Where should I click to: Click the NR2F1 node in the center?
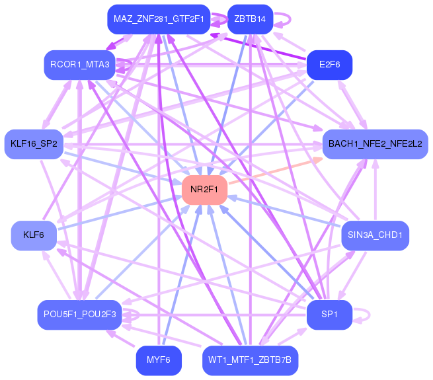point(205,190)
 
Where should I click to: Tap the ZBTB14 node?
point(249,19)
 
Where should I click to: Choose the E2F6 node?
point(329,65)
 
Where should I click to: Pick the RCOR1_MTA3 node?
point(80,65)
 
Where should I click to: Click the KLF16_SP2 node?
point(34,144)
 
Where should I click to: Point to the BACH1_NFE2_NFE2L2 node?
point(375,144)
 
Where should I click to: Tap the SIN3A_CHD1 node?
point(375,235)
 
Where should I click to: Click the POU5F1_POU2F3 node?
point(80,315)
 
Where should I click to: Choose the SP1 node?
point(329,315)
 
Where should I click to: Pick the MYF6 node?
point(159,361)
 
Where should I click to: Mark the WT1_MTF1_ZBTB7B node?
point(250,361)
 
